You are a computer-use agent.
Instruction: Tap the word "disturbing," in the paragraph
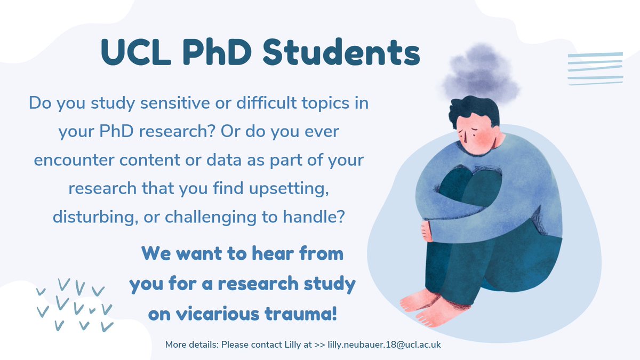94,218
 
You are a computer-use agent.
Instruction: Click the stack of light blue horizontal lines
595,69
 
